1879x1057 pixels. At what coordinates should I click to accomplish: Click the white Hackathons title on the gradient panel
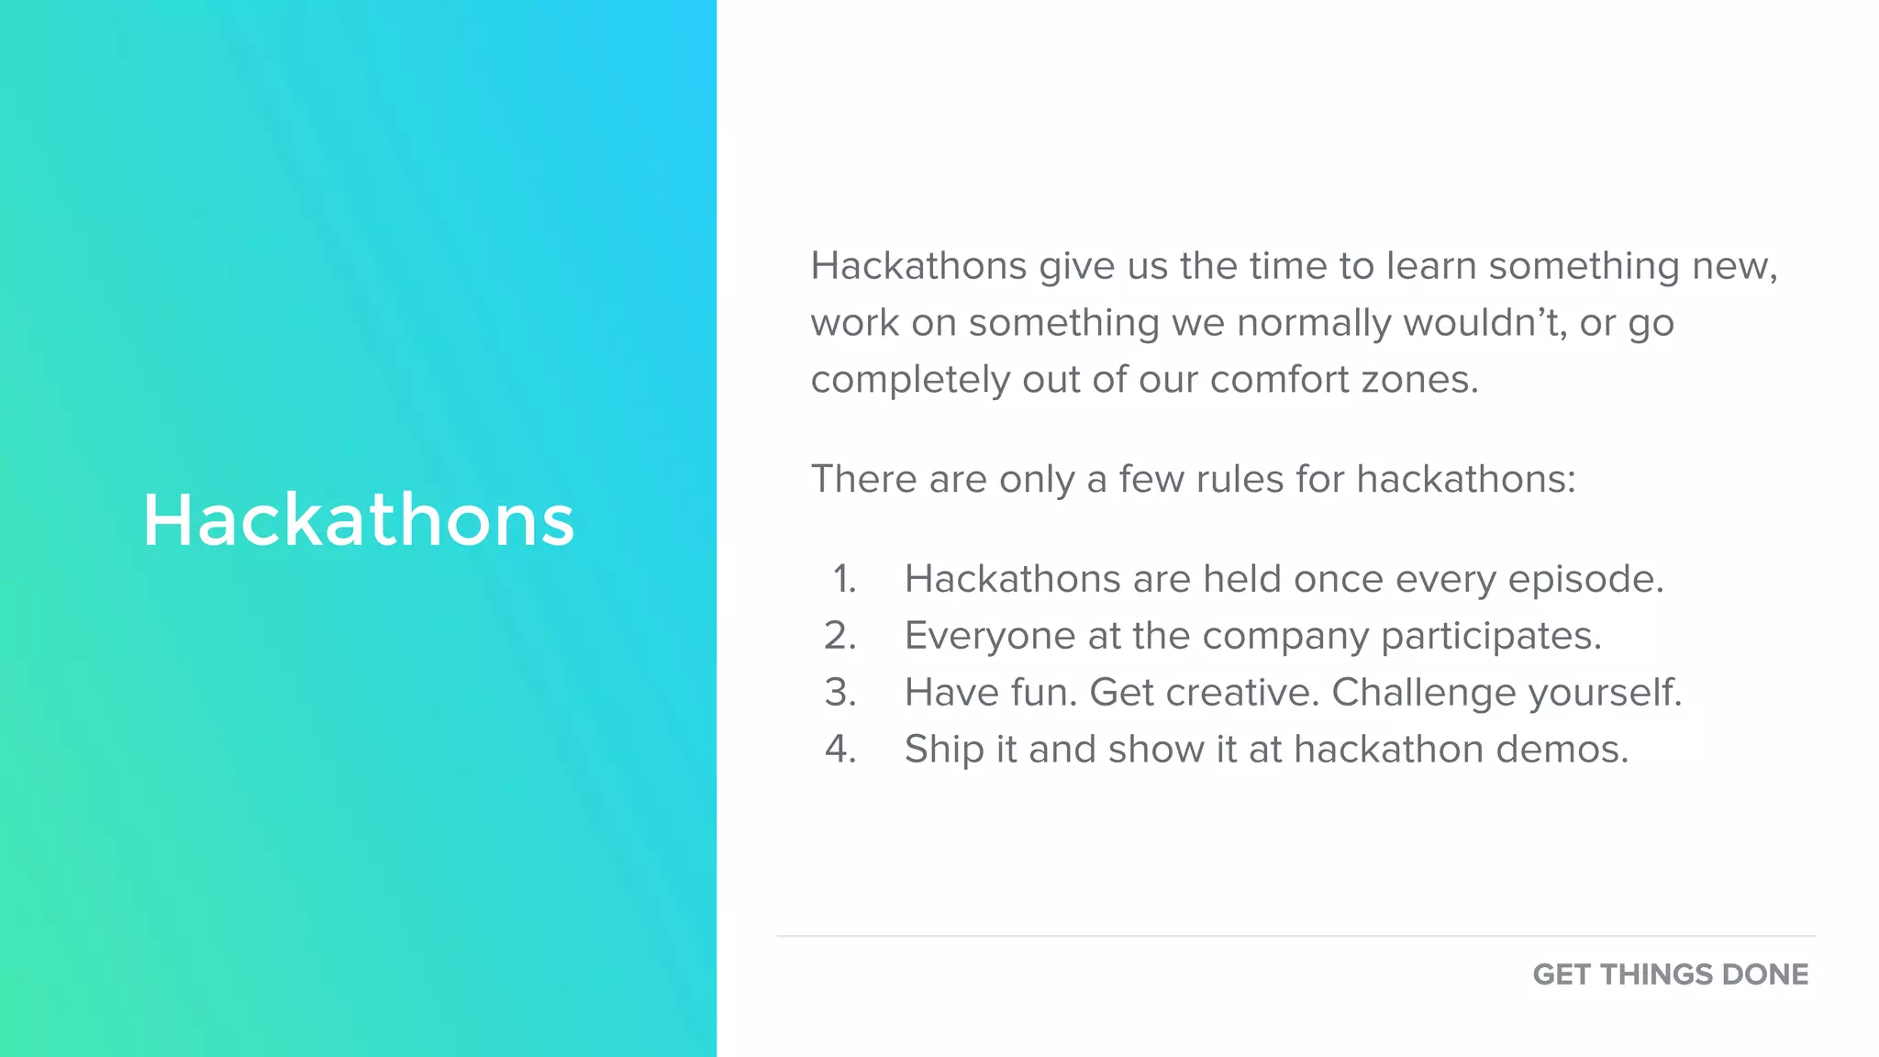(359, 520)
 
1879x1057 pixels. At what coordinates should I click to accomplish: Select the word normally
(1314, 324)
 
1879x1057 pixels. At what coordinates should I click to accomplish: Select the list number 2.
(840, 636)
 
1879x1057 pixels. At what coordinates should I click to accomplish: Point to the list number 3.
(840, 693)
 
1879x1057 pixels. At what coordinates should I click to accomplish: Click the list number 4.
(840, 750)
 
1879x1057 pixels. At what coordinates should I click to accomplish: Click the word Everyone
(989, 636)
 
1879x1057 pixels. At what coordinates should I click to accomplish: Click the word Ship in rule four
(944, 750)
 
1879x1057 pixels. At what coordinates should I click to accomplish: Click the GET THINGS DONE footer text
(1670, 974)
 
